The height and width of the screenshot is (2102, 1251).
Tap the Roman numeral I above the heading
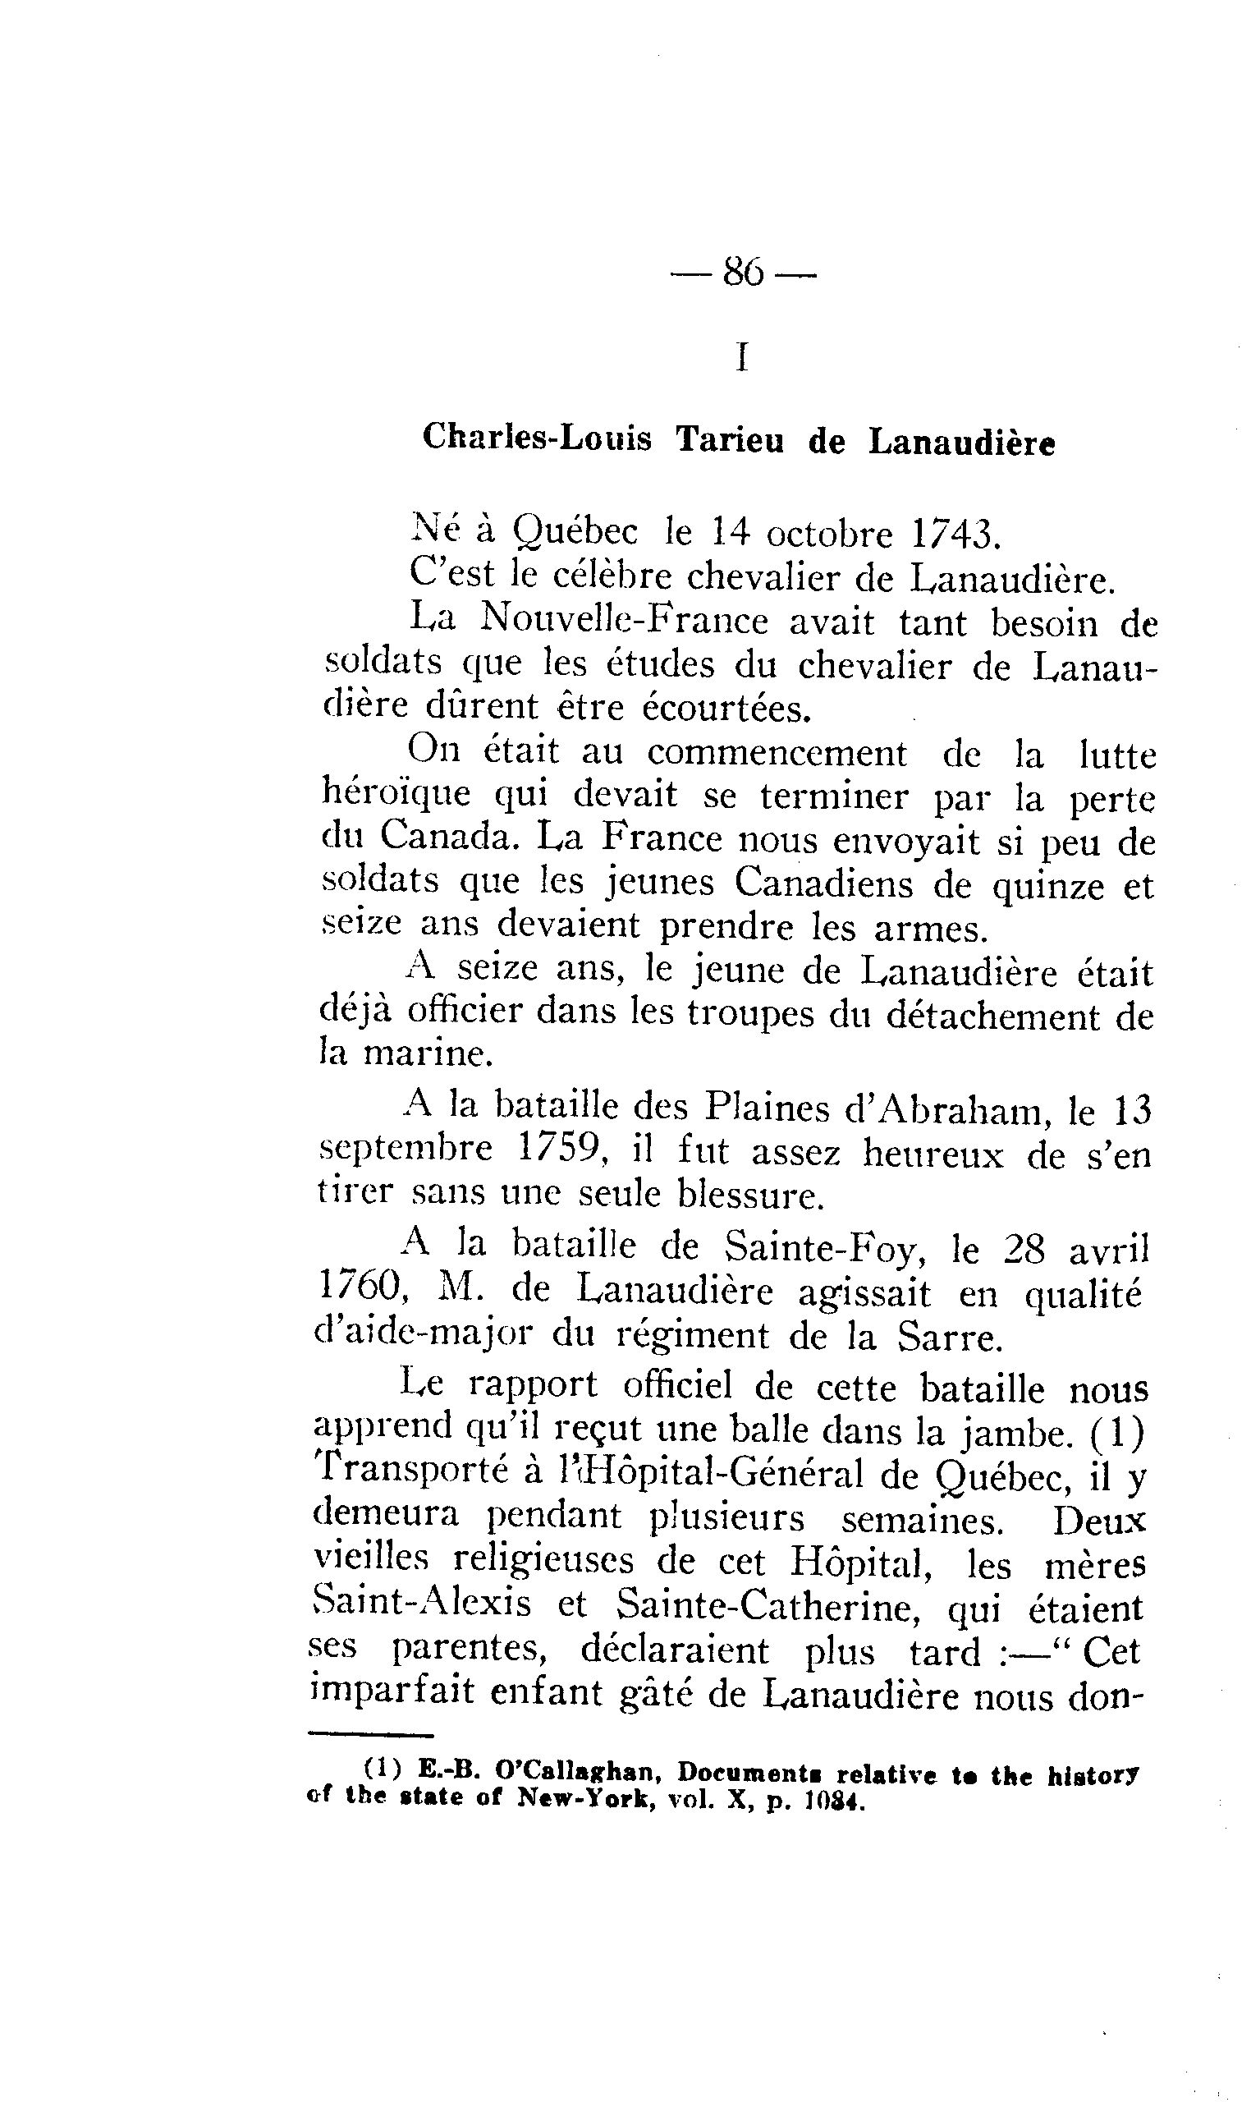[742, 357]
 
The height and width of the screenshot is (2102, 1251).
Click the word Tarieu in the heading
[729, 440]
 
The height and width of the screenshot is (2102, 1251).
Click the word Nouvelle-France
[624, 622]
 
